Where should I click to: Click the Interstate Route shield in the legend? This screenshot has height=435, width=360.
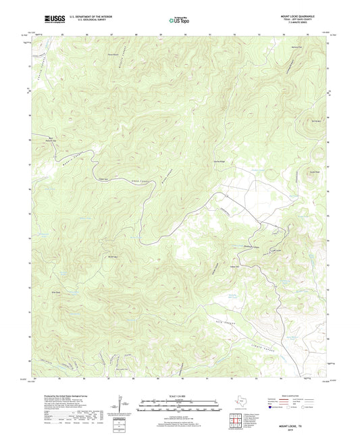271,407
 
